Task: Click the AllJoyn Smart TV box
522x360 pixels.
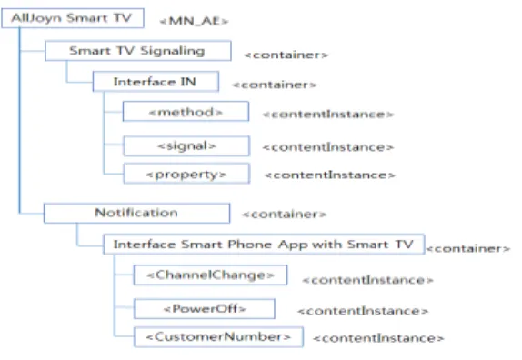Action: (73, 18)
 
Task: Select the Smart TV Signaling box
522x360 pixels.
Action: (138, 51)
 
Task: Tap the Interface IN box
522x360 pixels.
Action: (156, 82)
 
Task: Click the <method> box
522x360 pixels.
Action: (186, 112)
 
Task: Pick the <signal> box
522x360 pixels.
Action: (186, 145)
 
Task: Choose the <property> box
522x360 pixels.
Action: (186, 174)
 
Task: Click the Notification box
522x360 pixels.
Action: (136, 213)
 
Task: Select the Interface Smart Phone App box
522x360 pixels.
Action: (264, 245)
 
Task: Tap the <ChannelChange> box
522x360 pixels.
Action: (210, 275)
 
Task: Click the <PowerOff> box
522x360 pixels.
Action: (204, 309)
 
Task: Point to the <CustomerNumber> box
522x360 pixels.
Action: (218, 337)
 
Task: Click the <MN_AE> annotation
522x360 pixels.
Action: (194, 21)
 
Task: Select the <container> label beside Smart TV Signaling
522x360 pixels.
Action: (286, 55)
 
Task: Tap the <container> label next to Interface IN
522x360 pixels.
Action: (275, 85)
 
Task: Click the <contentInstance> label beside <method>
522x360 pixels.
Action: (328, 115)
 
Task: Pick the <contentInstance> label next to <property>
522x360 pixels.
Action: (330, 175)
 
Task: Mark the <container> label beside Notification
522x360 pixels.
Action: (285, 215)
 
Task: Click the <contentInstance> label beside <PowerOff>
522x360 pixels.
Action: (363, 311)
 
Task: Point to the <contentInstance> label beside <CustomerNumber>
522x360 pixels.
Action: (378, 338)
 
